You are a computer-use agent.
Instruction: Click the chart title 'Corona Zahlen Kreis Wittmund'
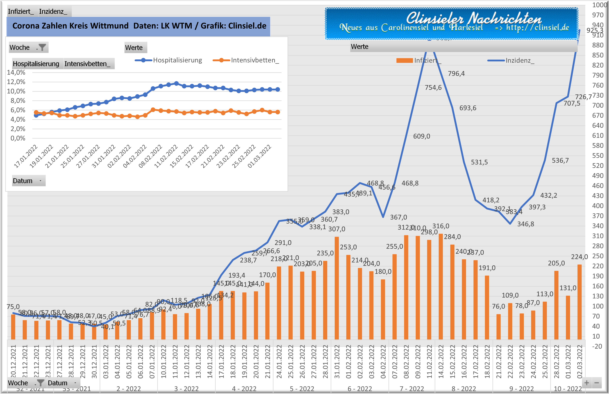70,26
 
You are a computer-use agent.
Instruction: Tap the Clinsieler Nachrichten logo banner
451,24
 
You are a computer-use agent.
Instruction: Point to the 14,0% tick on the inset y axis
16,72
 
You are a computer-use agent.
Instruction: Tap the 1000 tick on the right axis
599,5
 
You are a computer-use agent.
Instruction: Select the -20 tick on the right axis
597,346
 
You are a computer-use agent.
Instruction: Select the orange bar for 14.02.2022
441,287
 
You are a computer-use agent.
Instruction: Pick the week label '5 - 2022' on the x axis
302,389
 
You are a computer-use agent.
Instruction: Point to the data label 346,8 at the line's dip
526,224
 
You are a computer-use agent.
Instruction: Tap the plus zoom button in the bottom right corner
587,383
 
